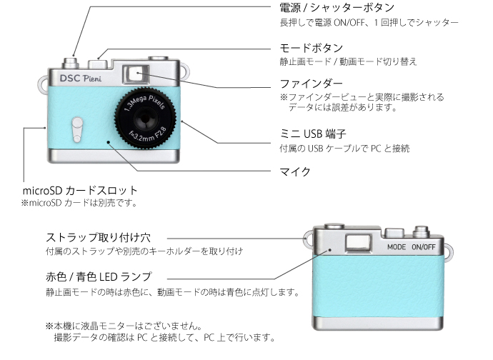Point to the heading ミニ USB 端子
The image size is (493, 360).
[x=315, y=134]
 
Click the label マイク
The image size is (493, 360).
[x=294, y=171]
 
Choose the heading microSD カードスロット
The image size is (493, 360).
[x=79, y=191]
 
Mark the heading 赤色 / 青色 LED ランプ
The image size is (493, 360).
[x=99, y=276]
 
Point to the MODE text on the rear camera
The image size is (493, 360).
[x=397, y=247]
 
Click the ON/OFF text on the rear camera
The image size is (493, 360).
[x=423, y=247]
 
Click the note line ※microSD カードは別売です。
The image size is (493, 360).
[x=79, y=203]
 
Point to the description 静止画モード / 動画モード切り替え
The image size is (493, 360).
[x=347, y=62]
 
